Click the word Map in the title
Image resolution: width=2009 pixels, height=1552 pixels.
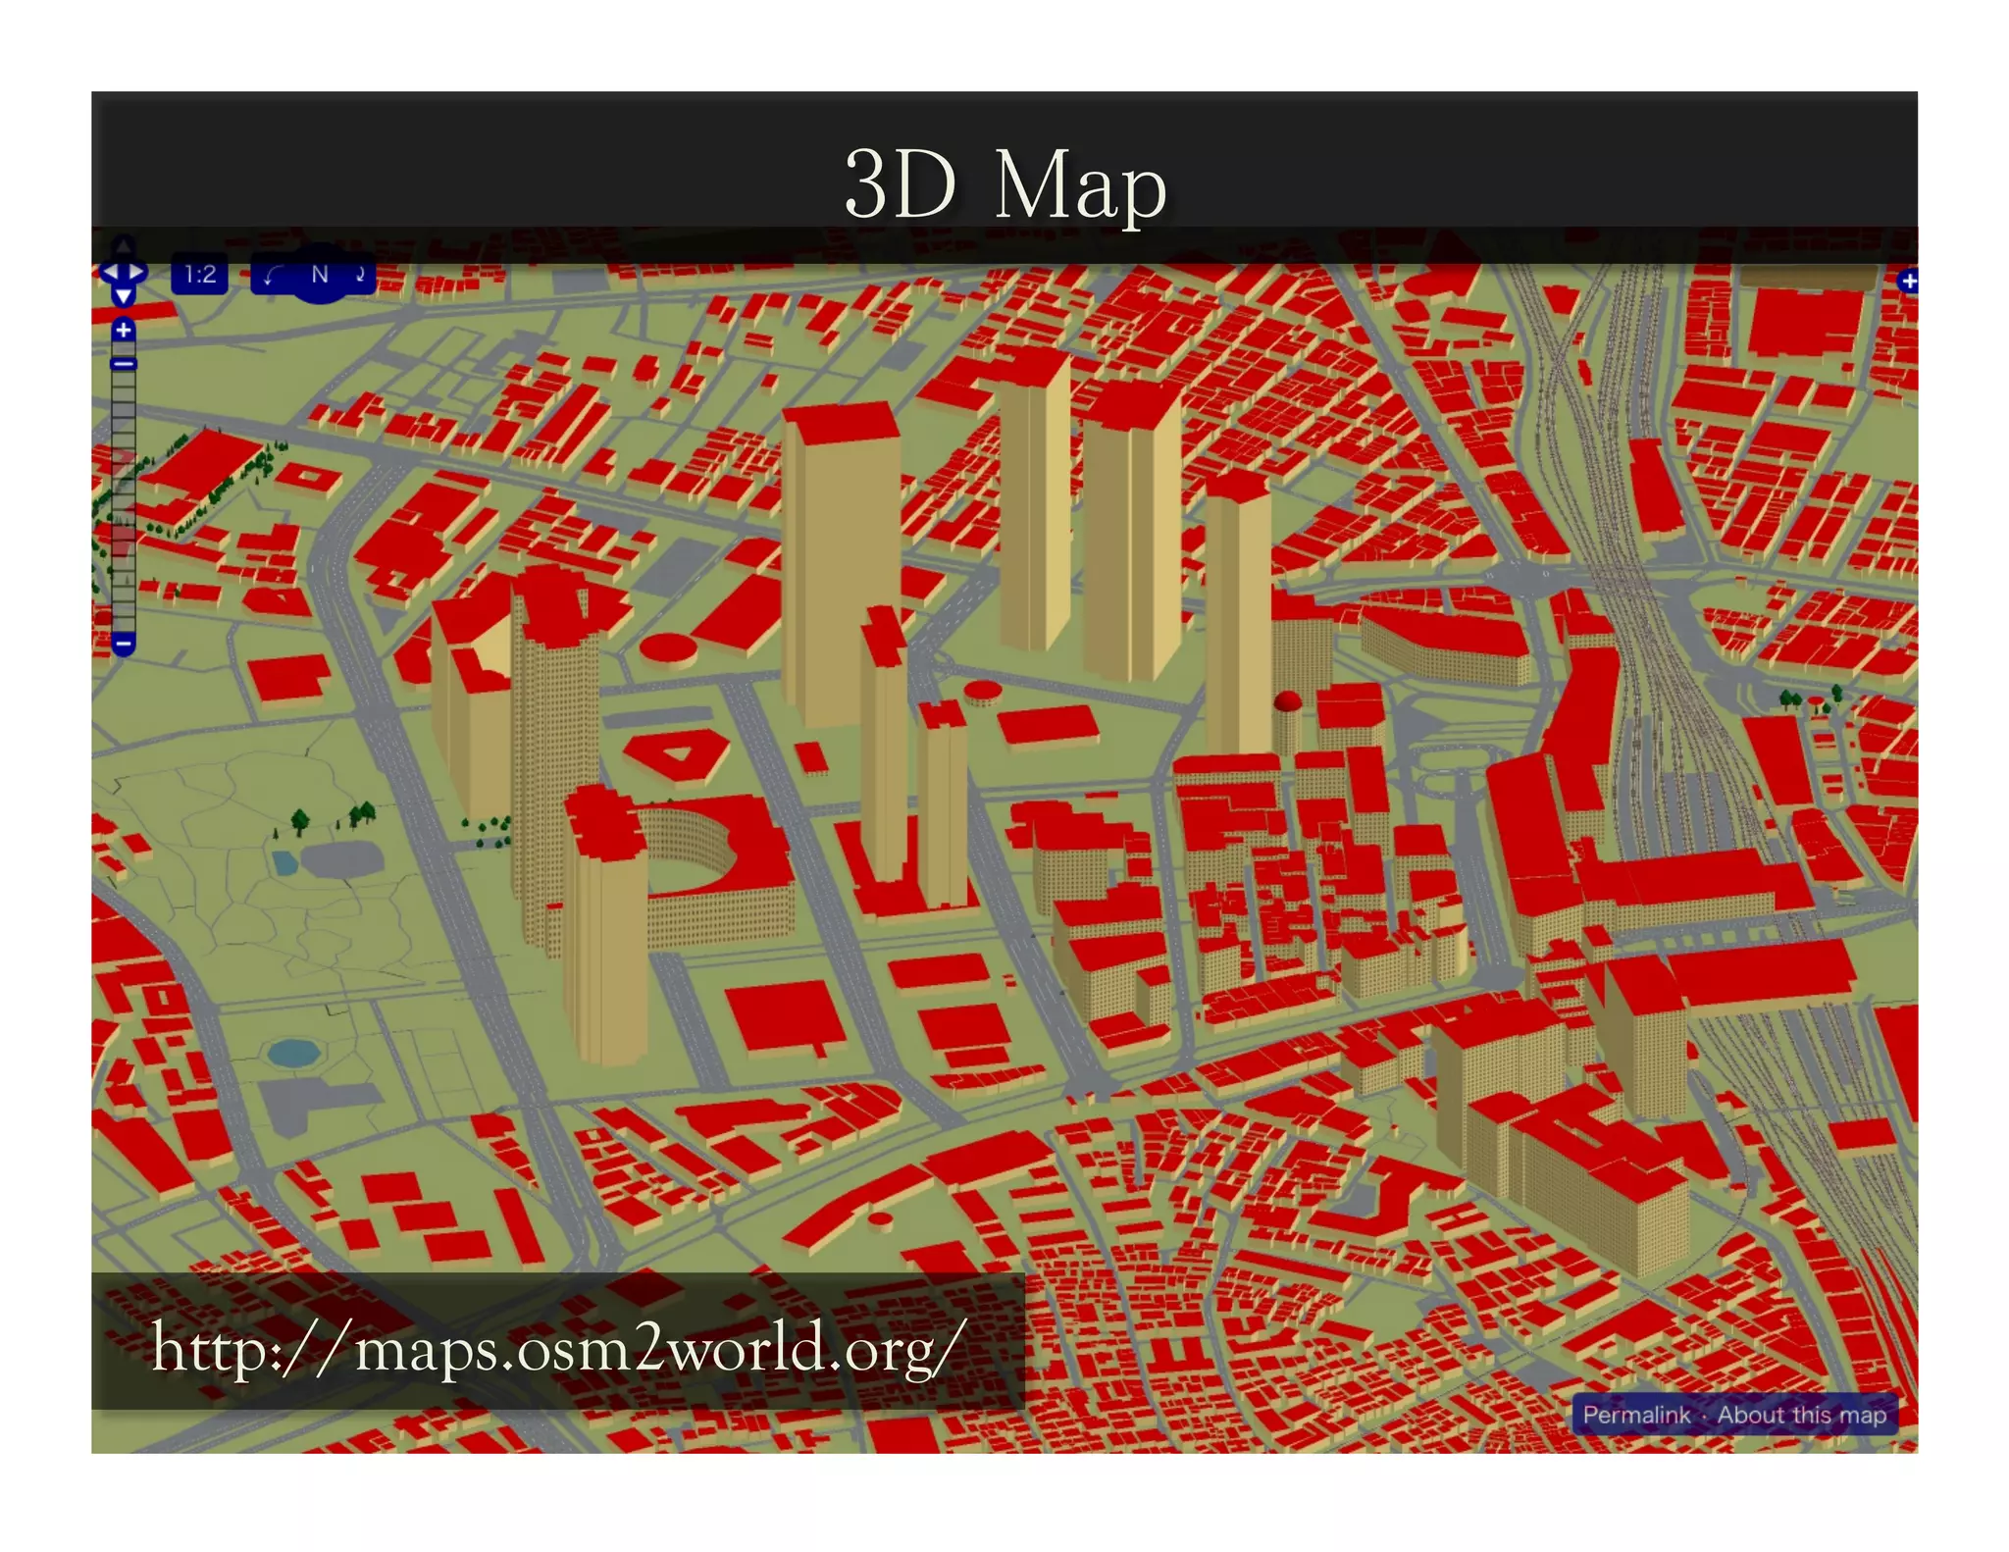(1079, 186)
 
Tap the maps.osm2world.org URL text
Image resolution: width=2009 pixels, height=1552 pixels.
(553, 1348)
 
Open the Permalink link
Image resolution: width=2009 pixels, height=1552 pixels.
(1635, 1415)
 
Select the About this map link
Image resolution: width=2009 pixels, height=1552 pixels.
(1801, 1415)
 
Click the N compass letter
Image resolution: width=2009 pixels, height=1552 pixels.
(319, 275)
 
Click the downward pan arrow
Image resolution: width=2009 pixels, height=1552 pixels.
(124, 295)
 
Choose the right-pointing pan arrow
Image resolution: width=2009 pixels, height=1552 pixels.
(137, 272)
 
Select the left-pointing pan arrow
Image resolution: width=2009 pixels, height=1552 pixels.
(110, 272)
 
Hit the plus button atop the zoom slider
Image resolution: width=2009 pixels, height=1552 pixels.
(124, 331)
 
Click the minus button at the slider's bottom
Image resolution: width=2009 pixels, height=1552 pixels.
(124, 645)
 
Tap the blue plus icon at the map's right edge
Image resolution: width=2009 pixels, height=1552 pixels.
(1908, 283)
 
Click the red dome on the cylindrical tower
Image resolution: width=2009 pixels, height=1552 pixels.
(1287, 701)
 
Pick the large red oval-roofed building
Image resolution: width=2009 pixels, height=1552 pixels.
(669, 647)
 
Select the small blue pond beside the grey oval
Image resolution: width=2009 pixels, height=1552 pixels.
(284, 862)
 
